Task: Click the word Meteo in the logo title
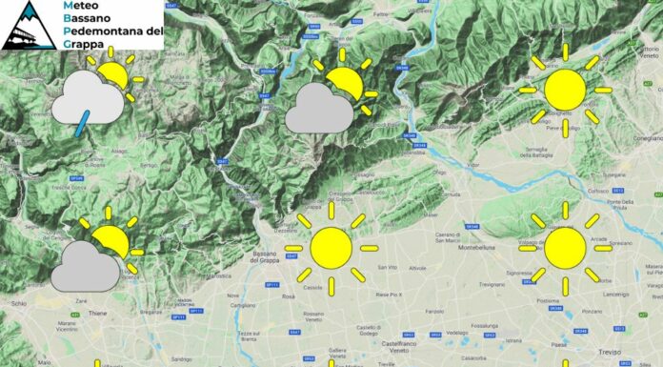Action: [80, 6]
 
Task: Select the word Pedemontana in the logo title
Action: [110, 31]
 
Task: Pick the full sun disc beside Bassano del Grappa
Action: [331, 247]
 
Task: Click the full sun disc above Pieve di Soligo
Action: [565, 90]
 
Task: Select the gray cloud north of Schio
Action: [86, 266]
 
